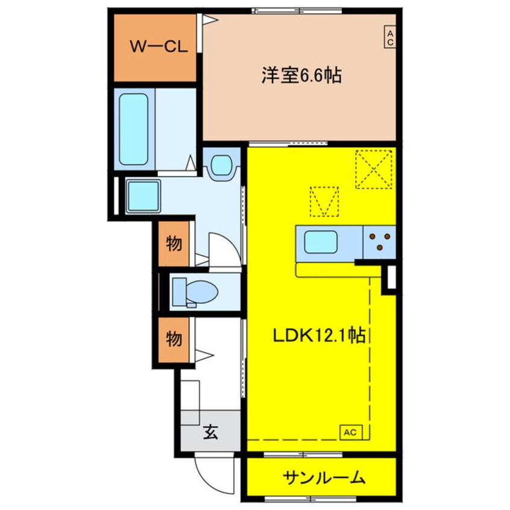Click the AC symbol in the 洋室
point(389,37)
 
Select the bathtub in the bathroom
point(133,128)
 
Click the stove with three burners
point(380,242)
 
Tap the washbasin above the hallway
point(222,165)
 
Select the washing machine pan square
point(143,197)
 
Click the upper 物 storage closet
point(174,244)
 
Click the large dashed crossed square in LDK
point(373,169)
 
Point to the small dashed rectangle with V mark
point(324,201)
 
